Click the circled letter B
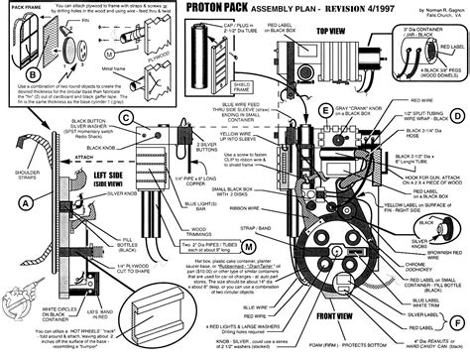pos(36,72)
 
